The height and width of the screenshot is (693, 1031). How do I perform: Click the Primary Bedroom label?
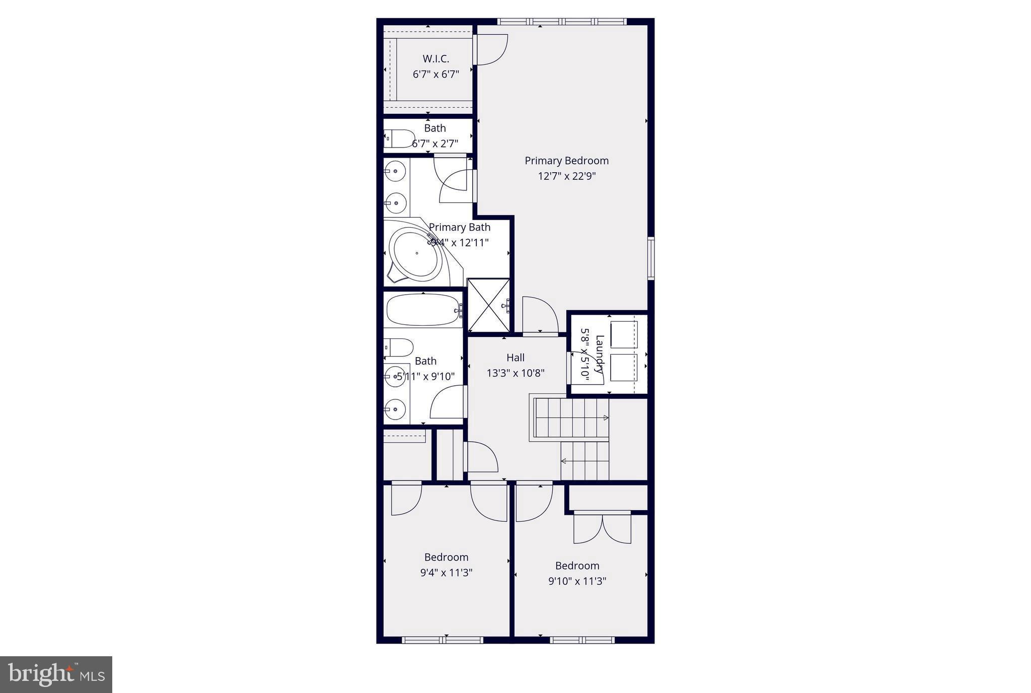coord(566,161)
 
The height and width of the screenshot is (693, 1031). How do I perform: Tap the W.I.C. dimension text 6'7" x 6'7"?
coord(436,75)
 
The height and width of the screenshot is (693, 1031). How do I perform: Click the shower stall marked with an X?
coord(488,306)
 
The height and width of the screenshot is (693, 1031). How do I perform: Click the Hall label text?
coord(515,358)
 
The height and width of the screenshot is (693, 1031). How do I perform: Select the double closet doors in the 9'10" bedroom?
coord(602,528)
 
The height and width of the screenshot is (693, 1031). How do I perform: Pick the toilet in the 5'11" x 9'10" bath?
coord(399,347)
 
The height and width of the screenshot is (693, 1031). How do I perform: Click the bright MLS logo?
coord(56,674)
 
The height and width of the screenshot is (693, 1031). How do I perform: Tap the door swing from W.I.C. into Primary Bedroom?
coord(491,49)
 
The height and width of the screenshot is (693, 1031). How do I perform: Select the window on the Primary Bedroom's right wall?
coord(650,258)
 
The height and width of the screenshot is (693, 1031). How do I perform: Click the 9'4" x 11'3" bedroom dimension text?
coord(446,573)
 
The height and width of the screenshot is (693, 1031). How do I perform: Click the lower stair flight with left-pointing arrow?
coord(585,461)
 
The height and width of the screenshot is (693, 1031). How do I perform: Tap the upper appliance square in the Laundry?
coord(624,334)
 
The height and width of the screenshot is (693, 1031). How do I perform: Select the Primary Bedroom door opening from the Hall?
coord(540,316)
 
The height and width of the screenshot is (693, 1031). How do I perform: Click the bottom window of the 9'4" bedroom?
coord(443,640)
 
